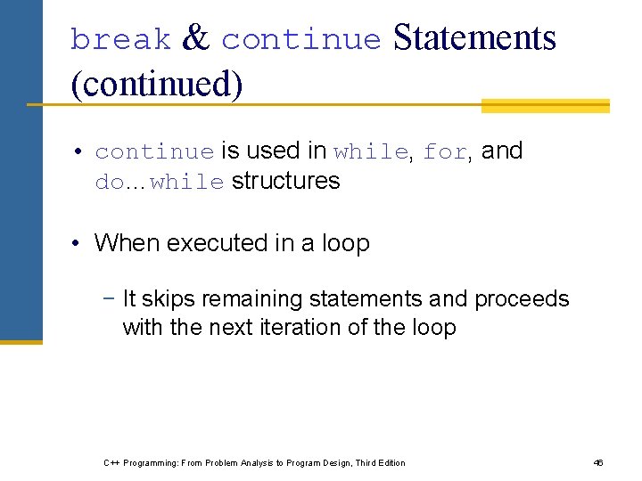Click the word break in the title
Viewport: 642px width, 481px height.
[120, 40]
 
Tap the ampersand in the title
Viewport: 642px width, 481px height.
[195, 38]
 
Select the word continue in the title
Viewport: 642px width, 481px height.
[300, 40]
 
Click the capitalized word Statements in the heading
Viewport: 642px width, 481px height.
[473, 38]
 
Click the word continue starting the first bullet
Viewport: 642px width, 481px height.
[154, 152]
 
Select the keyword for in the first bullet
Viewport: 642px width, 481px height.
[444, 152]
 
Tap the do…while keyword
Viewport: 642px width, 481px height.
[160, 183]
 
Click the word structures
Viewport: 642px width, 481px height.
[285, 181]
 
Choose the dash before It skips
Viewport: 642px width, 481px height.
[110, 298]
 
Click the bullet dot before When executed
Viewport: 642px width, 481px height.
[79, 243]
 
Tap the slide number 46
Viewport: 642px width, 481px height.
[598, 462]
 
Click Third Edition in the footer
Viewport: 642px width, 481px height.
[380, 462]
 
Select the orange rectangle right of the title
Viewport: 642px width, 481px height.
[545, 106]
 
